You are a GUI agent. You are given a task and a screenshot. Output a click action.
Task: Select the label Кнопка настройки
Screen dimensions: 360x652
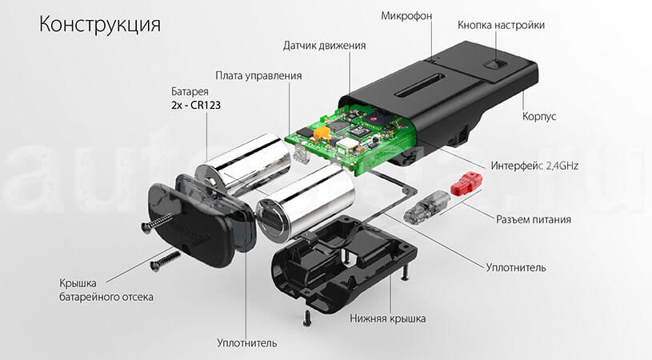pos(501,25)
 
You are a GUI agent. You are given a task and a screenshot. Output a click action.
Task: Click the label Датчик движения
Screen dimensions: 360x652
pos(325,46)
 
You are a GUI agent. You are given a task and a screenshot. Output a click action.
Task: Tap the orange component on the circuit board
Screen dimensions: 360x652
pos(322,132)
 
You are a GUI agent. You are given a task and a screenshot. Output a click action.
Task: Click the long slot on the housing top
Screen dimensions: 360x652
pos(423,82)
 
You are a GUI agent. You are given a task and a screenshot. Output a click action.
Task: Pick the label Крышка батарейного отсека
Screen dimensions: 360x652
pos(106,290)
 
